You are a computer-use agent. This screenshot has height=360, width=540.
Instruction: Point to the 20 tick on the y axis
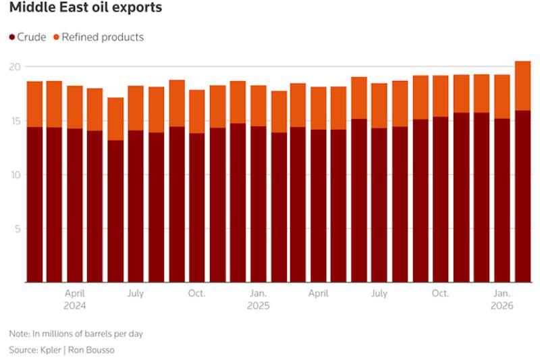point(16,67)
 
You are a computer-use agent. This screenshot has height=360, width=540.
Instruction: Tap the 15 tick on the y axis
point(16,121)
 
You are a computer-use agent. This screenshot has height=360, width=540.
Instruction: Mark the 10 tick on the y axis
point(16,175)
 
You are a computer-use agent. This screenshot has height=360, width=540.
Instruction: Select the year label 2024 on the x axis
point(75,306)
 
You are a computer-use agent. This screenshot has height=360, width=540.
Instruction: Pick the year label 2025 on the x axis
point(258,306)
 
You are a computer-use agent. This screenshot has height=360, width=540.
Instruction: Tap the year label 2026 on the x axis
point(502,306)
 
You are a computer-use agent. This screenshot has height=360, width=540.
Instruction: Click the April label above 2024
point(75,294)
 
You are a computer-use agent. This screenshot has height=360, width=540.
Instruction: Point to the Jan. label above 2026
point(502,294)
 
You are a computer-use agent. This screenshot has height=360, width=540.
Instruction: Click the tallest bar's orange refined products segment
point(522,86)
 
